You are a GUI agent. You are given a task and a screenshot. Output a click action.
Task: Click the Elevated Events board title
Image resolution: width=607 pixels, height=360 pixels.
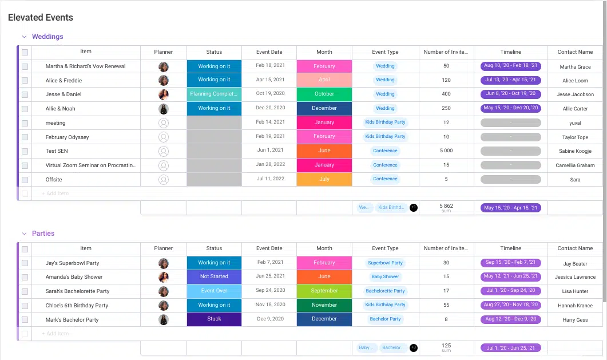tap(41, 18)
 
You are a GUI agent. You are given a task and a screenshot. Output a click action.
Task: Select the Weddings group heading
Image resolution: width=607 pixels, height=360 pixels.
tap(47, 37)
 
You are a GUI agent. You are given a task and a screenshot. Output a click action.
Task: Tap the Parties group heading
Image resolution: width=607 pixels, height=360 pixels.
tap(43, 234)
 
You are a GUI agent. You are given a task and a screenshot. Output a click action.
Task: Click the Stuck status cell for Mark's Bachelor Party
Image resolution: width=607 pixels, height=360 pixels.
tap(214, 319)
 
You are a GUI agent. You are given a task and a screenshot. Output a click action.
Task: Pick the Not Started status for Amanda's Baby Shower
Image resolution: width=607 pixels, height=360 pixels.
tap(214, 276)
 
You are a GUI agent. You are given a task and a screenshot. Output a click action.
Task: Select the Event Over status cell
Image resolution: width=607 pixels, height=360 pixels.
tap(214, 291)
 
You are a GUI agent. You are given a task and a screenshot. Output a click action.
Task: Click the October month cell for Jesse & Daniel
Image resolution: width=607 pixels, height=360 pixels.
tap(324, 94)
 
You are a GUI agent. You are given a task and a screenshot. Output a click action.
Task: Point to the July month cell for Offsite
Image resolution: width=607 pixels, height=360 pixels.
tap(324, 179)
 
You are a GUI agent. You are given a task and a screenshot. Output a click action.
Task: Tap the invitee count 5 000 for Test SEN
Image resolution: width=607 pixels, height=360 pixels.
tap(446, 151)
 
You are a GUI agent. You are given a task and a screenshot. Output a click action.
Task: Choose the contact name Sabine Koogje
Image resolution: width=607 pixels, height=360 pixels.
tap(575, 151)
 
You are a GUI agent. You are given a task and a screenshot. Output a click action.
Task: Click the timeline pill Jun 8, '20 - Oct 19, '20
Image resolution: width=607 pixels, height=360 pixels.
tap(510, 94)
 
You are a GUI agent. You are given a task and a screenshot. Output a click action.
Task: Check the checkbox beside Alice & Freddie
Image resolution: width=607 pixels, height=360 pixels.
tap(25, 81)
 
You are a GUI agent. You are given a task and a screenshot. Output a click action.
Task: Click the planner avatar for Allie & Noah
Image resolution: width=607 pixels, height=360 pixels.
tap(164, 109)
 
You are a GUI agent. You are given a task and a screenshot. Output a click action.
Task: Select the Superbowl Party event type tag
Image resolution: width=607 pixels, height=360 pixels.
tap(385, 263)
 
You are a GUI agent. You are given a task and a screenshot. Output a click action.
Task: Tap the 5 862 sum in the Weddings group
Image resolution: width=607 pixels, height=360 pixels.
tap(446, 206)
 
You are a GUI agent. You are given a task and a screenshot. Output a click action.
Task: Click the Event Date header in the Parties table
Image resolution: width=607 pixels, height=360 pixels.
tap(269, 248)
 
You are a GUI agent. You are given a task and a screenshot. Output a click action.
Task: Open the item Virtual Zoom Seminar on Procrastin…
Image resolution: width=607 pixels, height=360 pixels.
tap(91, 165)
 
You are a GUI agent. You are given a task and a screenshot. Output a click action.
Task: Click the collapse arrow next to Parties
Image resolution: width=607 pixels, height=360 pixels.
tap(24, 234)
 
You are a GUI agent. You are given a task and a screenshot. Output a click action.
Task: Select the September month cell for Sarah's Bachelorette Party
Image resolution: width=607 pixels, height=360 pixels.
tap(324, 291)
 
